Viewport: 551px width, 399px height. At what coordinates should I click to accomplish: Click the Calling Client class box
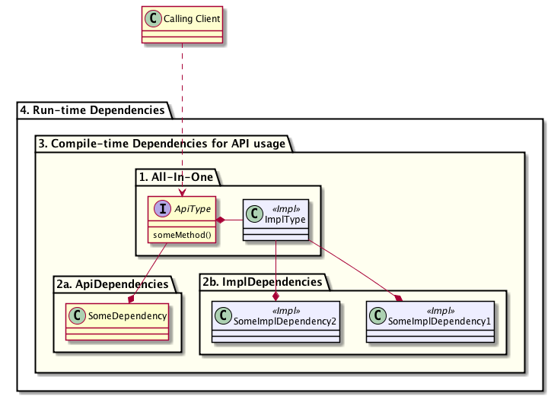point(182,24)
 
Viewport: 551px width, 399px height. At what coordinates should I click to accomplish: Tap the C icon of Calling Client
point(153,18)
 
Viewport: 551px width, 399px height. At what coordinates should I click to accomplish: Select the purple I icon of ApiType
point(163,208)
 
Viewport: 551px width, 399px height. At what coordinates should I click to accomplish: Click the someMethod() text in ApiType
point(182,235)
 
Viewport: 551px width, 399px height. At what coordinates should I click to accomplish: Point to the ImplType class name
point(285,220)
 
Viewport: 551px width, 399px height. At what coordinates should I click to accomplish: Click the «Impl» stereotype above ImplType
point(286,209)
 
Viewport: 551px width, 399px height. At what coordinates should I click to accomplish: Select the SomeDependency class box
point(117,321)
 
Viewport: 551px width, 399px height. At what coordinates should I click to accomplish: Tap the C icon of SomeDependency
point(78,315)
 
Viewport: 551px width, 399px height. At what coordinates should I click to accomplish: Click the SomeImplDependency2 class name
point(285,321)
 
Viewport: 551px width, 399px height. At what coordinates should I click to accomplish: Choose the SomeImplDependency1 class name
point(439,321)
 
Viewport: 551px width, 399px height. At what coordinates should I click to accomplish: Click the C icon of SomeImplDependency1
point(377,315)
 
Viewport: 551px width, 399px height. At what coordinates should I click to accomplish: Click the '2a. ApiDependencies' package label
point(113,284)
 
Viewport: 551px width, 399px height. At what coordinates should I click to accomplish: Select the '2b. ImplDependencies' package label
point(262,282)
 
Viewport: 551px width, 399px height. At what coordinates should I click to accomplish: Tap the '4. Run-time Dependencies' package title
point(92,110)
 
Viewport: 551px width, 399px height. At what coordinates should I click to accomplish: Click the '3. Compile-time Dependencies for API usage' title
point(161,144)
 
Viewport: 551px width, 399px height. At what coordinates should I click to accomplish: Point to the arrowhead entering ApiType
point(182,192)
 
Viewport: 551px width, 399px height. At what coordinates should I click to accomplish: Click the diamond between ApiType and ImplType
point(221,220)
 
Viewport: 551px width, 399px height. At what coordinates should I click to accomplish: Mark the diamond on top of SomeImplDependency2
point(275,296)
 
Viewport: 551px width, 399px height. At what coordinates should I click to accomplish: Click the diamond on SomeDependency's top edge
point(132,299)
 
